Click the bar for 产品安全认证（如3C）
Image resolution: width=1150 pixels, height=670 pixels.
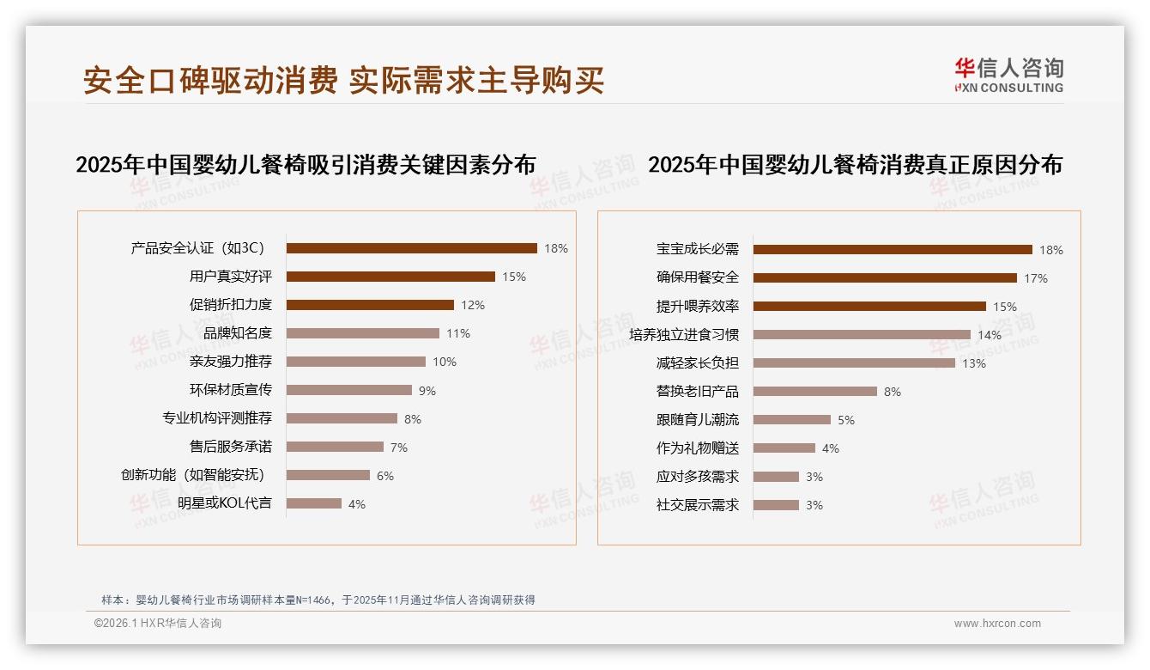(x=412, y=248)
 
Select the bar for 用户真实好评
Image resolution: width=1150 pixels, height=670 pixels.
(x=390, y=277)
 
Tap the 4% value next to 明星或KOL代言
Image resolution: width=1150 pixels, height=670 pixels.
(x=357, y=504)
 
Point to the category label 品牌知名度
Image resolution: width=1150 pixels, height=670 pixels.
(x=238, y=333)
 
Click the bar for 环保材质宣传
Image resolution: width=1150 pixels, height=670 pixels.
(x=349, y=390)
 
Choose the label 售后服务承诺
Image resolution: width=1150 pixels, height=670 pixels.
(x=231, y=447)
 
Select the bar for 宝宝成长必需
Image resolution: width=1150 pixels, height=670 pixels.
(x=893, y=250)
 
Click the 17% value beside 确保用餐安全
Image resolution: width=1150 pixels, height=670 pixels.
(x=1035, y=278)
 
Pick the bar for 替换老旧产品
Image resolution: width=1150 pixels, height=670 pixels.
(x=815, y=392)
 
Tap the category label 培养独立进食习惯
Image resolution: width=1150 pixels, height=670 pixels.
(x=684, y=334)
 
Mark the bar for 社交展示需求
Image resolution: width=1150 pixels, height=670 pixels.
(x=776, y=505)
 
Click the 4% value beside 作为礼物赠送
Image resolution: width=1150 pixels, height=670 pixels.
(x=830, y=448)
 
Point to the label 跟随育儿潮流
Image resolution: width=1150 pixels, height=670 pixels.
(x=698, y=420)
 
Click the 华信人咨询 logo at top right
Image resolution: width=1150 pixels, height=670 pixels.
(x=1008, y=75)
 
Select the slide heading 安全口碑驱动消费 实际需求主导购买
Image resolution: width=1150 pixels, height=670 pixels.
(x=343, y=80)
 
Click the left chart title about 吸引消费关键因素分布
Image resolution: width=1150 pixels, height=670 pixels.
(x=306, y=164)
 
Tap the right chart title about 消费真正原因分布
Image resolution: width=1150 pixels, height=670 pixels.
(x=855, y=164)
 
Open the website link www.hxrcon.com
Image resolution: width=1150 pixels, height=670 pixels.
(x=997, y=624)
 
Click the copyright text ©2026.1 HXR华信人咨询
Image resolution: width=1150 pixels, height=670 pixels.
(x=158, y=624)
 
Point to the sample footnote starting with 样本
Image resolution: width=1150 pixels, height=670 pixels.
(x=318, y=600)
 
